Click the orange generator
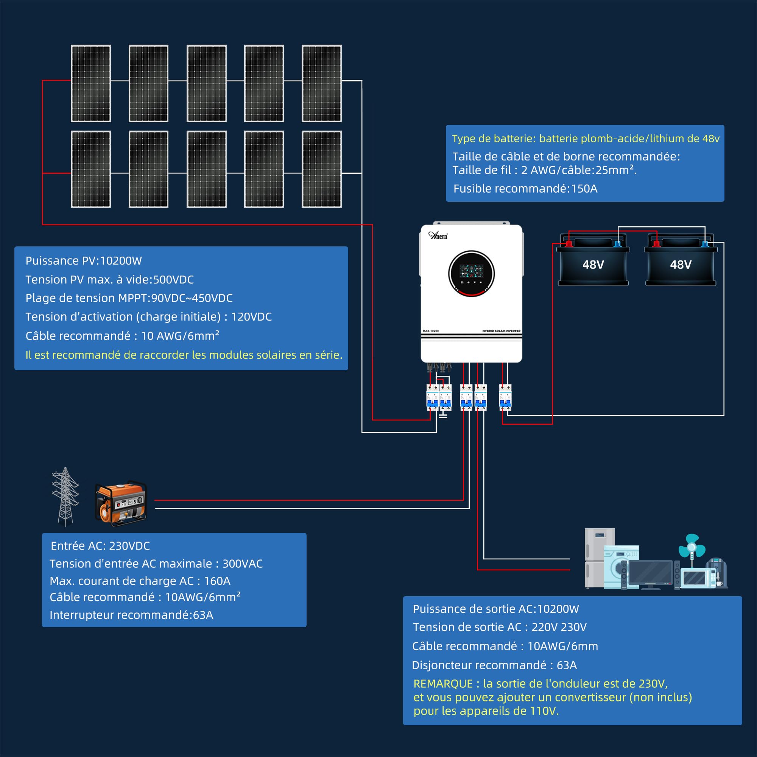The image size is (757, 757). click(121, 503)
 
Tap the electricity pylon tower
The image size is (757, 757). click(65, 497)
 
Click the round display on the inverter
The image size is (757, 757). click(471, 273)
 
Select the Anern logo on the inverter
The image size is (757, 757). click(438, 235)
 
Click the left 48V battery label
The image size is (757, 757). click(593, 265)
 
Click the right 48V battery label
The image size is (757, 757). click(681, 265)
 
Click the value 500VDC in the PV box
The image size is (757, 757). click(173, 279)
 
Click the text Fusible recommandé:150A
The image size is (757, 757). click(525, 188)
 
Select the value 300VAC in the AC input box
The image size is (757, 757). click(243, 564)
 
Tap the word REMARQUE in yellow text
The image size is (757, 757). click(443, 684)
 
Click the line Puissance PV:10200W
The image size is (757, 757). click(83, 260)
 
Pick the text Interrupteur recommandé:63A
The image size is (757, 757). click(131, 615)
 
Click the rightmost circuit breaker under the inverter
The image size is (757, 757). click(505, 397)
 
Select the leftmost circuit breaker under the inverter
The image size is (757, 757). click(432, 397)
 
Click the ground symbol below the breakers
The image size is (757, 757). click(443, 415)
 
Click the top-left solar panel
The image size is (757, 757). click(90, 83)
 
